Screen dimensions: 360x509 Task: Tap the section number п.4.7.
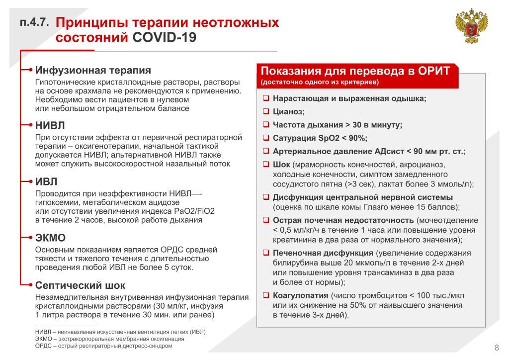(x=34, y=23)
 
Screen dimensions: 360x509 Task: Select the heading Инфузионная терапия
(x=93, y=70)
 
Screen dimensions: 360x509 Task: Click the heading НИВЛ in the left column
(x=50, y=125)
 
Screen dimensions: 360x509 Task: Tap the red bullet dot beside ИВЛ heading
(x=31, y=180)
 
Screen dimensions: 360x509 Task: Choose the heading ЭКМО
(x=51, y=237)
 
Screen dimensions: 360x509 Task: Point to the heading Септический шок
(x=81, y=285)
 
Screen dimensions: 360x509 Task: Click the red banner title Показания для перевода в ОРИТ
(x=355, y=71)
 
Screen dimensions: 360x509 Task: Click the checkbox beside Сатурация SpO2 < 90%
(x=266, y=138)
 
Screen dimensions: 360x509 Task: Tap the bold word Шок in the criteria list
(x=282, y=165)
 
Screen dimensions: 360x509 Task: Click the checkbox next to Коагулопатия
(x=266, y=295)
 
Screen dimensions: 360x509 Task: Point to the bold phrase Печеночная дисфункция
(x=323, y=253)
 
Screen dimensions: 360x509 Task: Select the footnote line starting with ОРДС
(x=103, y=346)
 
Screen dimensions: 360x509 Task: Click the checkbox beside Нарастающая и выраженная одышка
(x=266, y=98)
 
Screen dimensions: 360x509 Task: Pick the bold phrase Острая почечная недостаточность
(x=343, y=220)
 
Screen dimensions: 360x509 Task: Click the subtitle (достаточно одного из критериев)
(x=319, y=82)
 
